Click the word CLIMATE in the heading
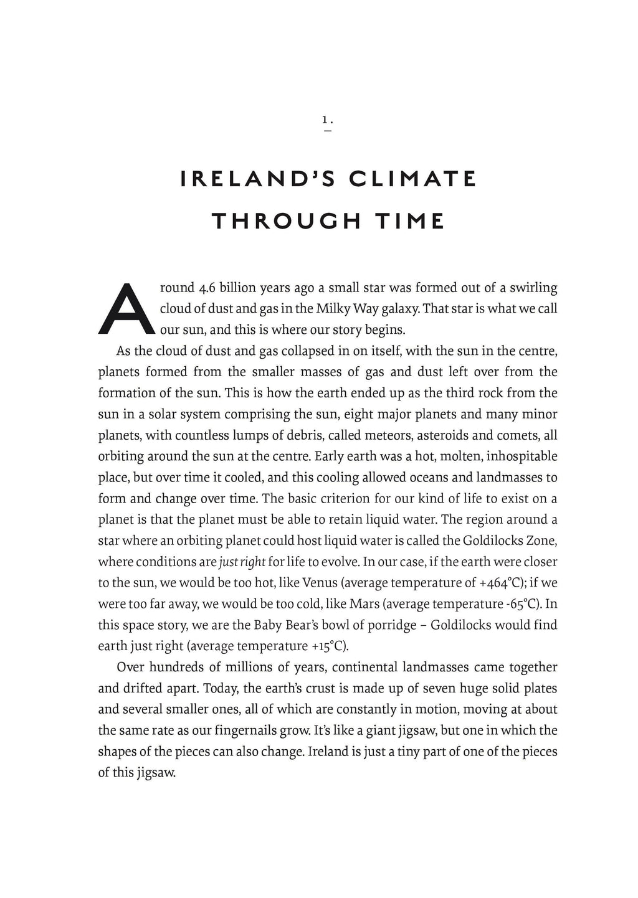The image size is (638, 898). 412,179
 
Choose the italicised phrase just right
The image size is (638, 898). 242,562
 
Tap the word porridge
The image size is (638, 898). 388,625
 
